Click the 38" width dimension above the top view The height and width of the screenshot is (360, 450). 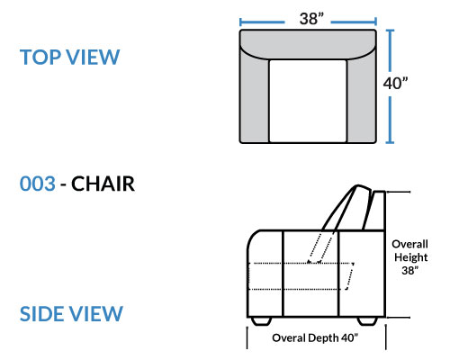311,19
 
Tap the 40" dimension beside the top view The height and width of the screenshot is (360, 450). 396,83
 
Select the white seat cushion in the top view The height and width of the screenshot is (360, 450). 308,101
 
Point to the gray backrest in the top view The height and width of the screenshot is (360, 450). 308,42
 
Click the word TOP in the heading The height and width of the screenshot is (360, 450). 40,57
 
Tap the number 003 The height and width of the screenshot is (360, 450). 38,184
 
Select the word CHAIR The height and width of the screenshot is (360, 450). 103,184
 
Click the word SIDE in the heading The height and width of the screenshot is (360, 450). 42,314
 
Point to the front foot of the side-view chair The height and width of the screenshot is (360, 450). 261,320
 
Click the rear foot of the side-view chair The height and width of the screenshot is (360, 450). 367,320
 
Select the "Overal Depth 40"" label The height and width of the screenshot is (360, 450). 315,338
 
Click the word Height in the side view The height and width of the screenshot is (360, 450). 410,257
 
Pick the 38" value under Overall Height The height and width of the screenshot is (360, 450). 409,270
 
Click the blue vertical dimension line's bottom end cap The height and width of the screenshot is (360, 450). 390,142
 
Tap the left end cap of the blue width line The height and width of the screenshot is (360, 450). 240,22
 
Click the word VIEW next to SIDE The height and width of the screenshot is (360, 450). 96,314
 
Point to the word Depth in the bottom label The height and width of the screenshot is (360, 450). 323,338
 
